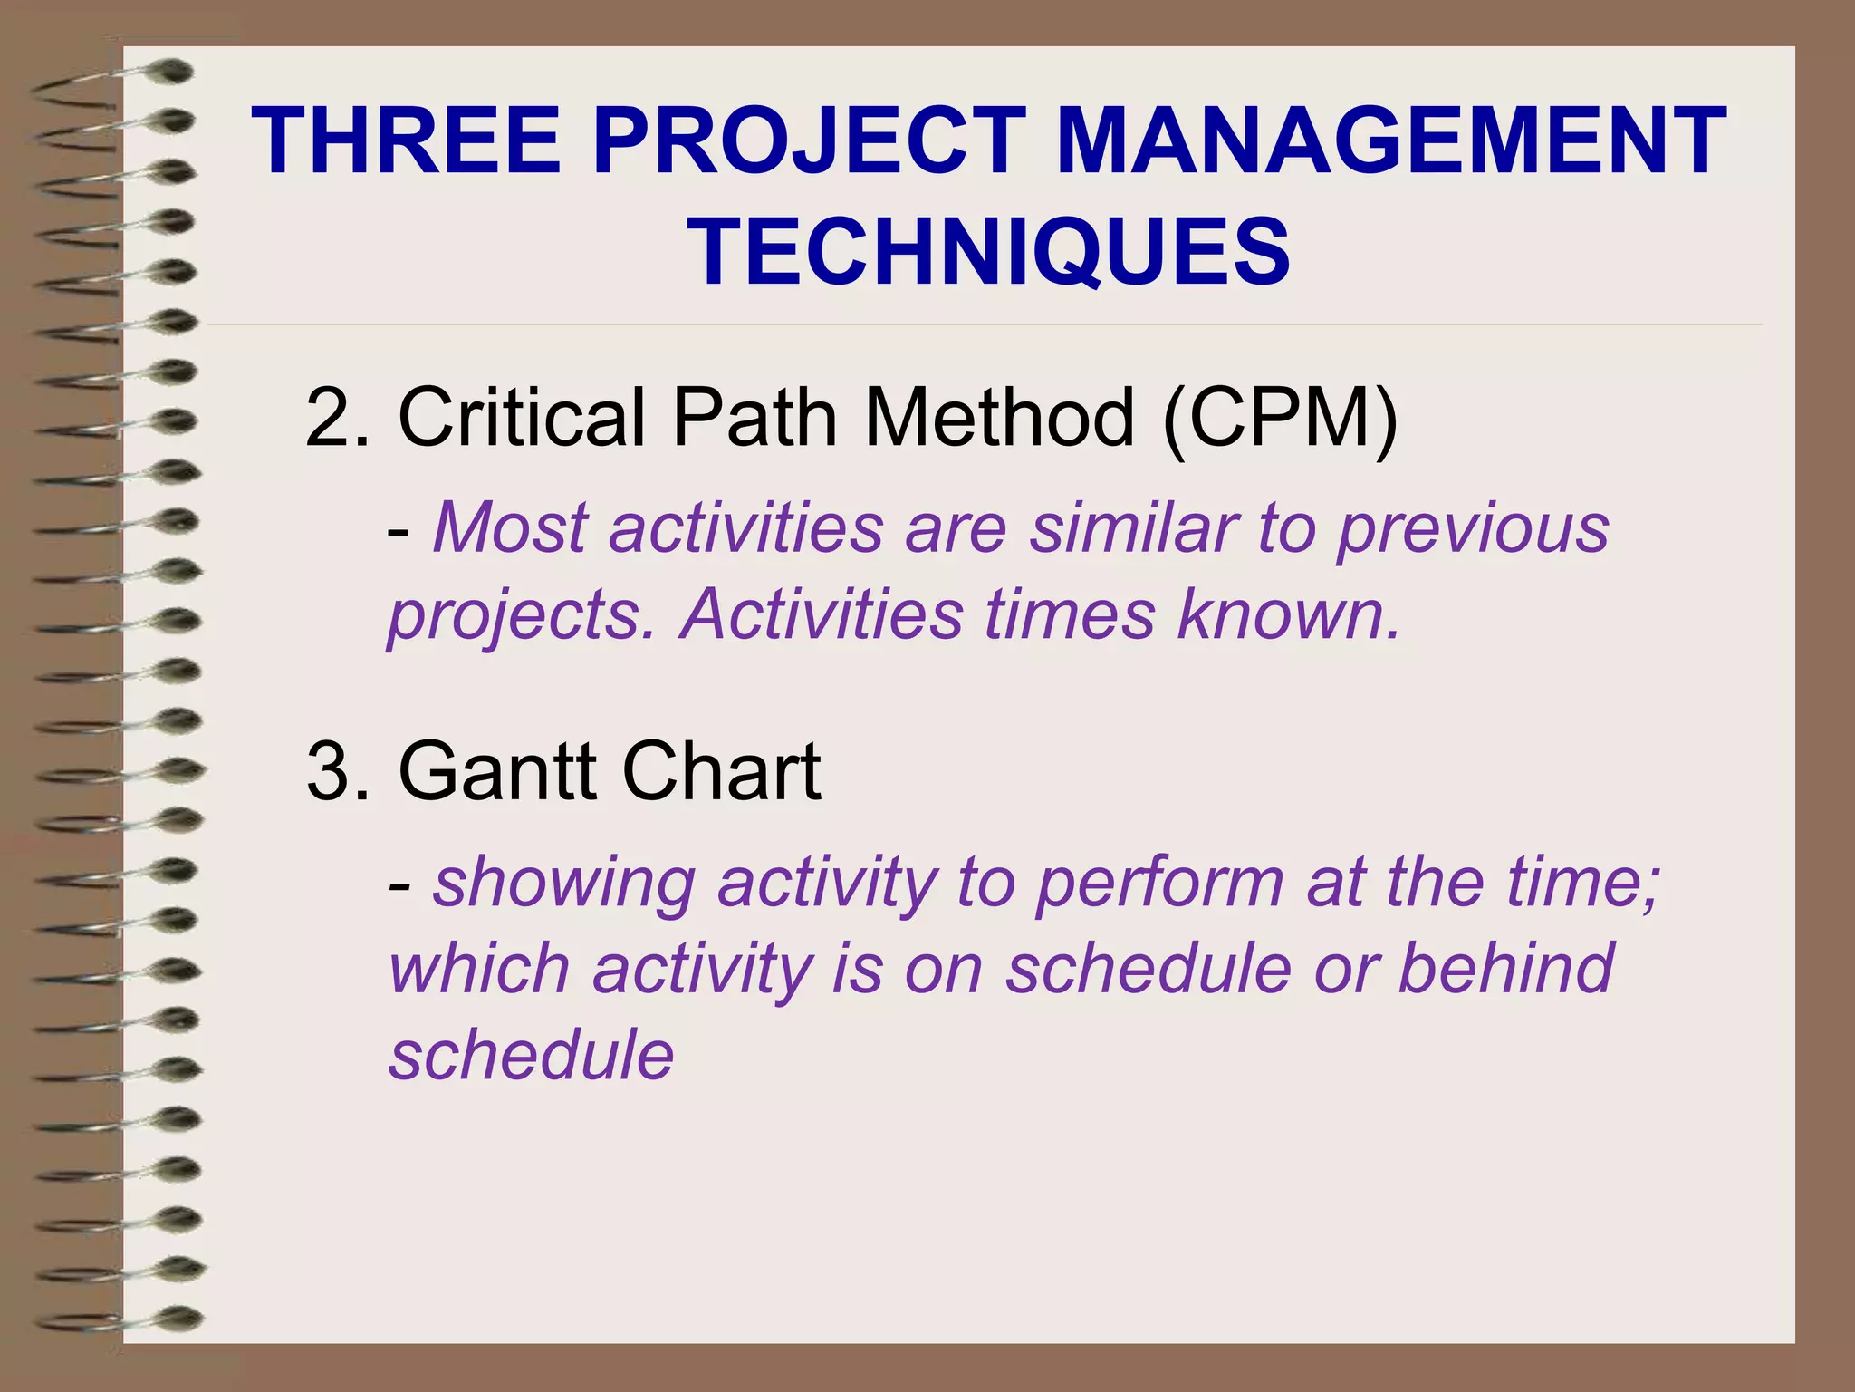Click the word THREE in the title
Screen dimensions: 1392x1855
point(406,141)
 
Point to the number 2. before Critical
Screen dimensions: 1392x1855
point(337,418)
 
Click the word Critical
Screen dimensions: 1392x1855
point(522,418)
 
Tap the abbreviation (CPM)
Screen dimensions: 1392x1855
point(1280,418)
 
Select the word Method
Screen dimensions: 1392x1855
point(999,418)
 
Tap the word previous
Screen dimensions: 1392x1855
point(1474,527)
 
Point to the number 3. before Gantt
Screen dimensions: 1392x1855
point(337,771)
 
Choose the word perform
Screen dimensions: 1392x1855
point(1159,884)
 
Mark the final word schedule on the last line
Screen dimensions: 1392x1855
point(532,1056)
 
